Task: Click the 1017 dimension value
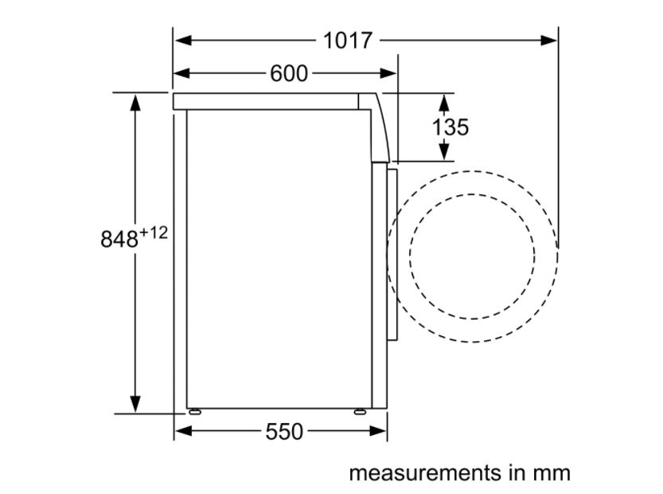coord(348,41)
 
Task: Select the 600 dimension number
coord(289,73)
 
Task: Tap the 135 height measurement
coord(450,127)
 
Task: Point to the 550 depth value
coord(284,432)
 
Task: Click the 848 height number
coord(119,239)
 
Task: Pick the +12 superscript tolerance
coord(154,233)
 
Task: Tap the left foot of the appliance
coord(194,411)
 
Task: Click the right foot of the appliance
coord(361,411)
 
